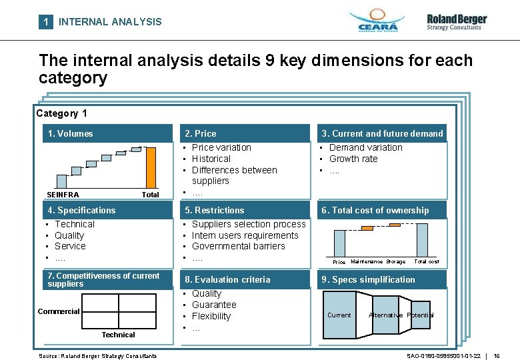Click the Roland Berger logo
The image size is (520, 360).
click(457, 21)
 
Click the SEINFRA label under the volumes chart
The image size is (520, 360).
click(63, 195)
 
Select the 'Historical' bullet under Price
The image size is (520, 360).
click(211, 159)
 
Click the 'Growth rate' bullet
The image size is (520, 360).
click(353, 159)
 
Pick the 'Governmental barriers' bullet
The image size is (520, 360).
click(238, 246)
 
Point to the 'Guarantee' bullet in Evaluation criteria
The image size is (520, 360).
click(214, 305)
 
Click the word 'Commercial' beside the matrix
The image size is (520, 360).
click(58, 311)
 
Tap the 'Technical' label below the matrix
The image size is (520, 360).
click(118, 335)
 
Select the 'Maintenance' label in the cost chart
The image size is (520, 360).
click(366, 262)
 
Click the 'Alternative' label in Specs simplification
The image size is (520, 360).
click(385, 315)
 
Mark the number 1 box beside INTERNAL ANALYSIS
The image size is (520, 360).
click(45, 21)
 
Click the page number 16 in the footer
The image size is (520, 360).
click(497, 356)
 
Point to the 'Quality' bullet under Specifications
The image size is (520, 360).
click(69, 235)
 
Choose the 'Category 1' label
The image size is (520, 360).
click(61, 113)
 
